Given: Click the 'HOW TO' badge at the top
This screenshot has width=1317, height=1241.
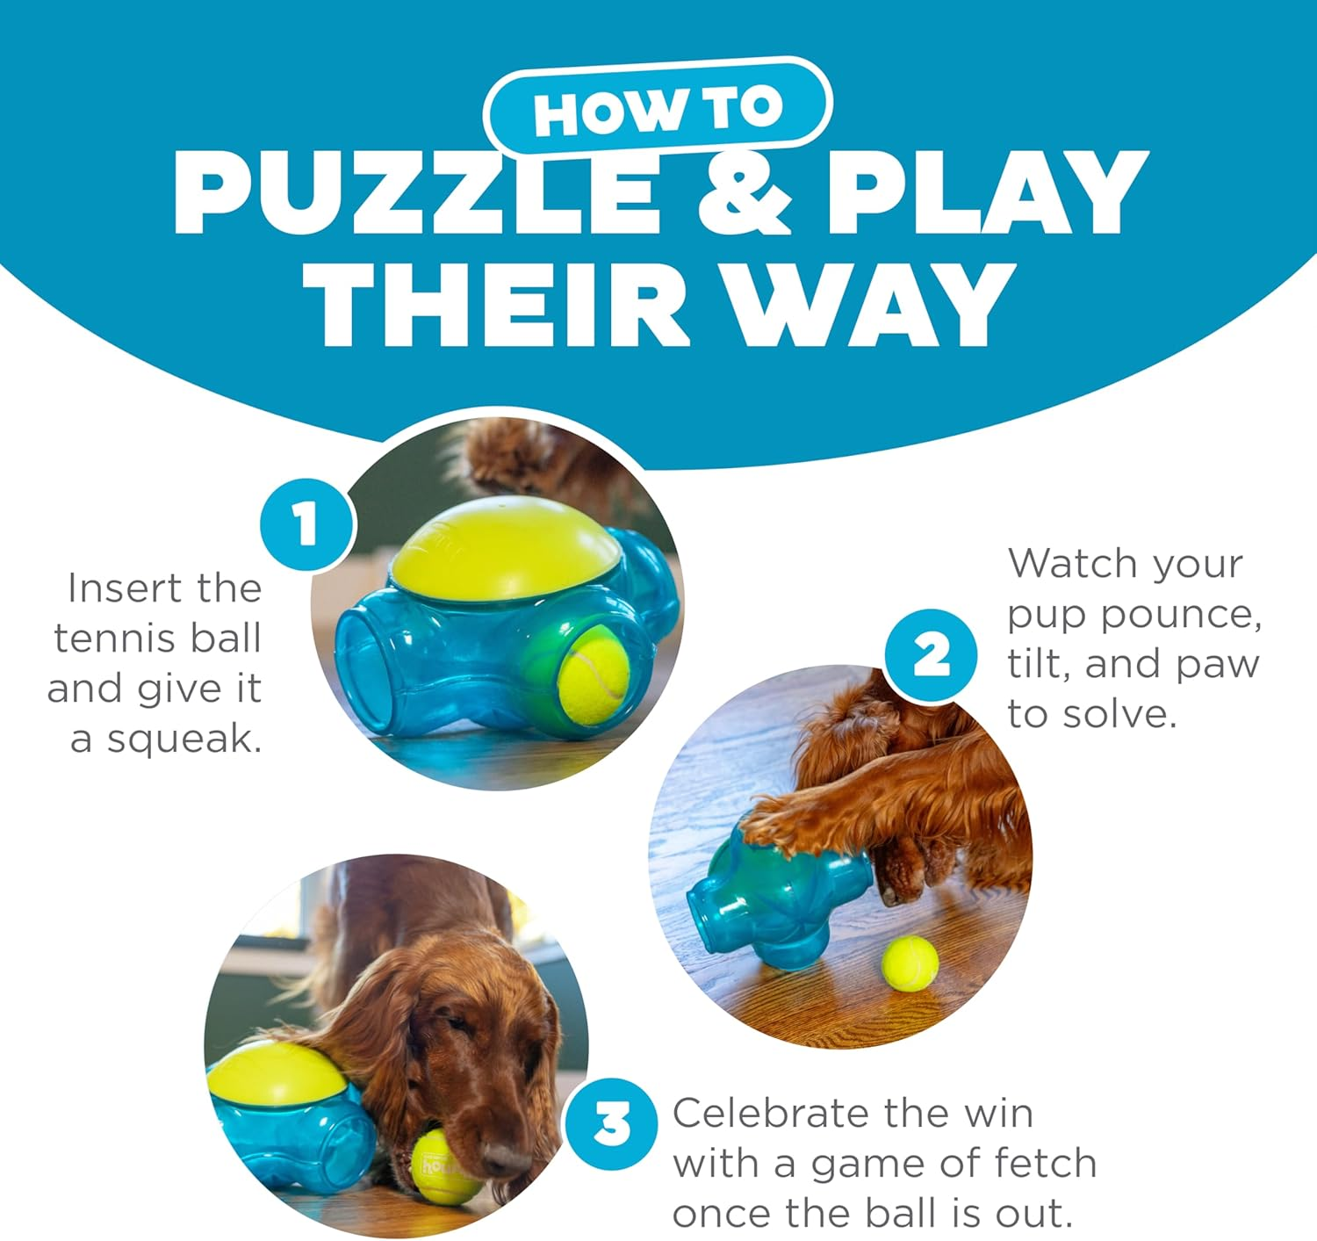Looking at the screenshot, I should tap(658, 109).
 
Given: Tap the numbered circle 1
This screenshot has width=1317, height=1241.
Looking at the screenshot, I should tap(306, 524).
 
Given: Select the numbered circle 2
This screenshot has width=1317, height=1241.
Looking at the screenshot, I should tap(931, 656).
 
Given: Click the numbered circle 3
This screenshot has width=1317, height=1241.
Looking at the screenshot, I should tap(611, 1123).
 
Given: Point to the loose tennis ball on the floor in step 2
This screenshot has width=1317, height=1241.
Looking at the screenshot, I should tap(910, 963).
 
